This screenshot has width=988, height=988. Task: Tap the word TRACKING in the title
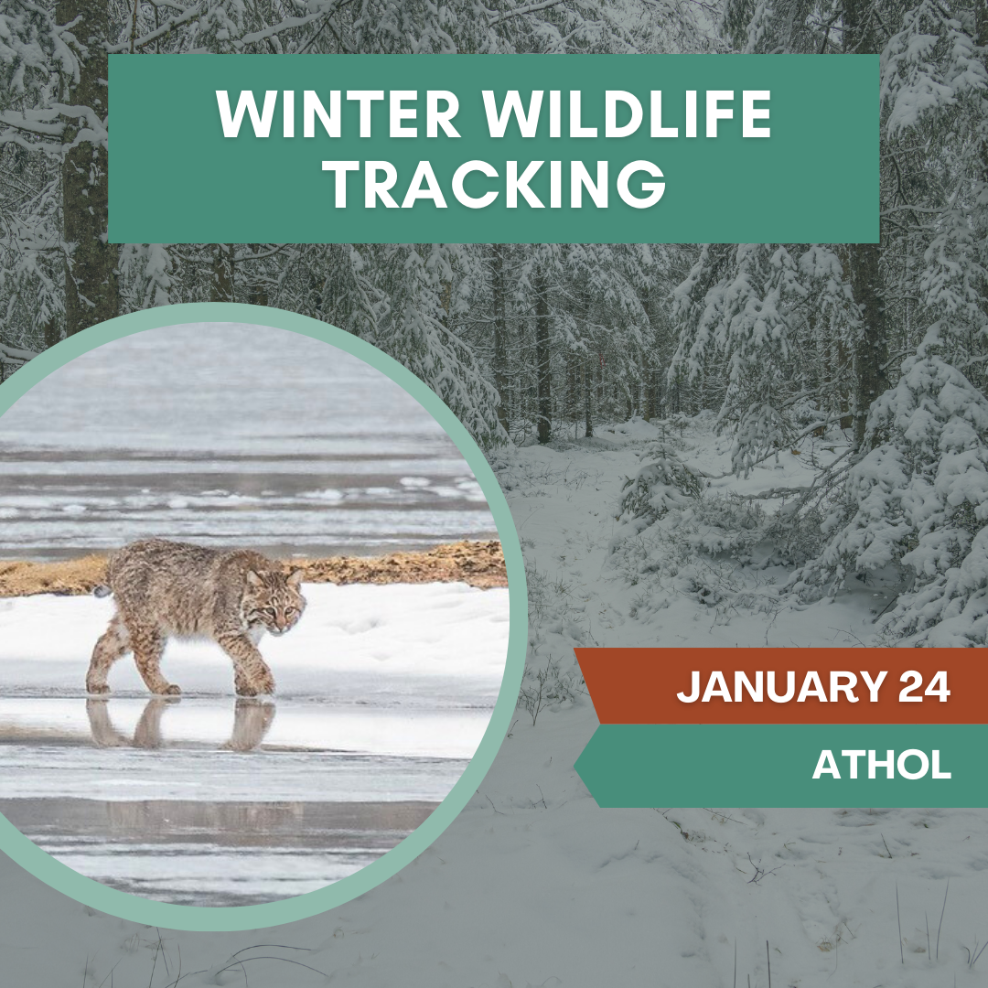495,185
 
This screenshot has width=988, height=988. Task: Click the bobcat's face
285,607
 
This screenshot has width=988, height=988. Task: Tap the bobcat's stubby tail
101,590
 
